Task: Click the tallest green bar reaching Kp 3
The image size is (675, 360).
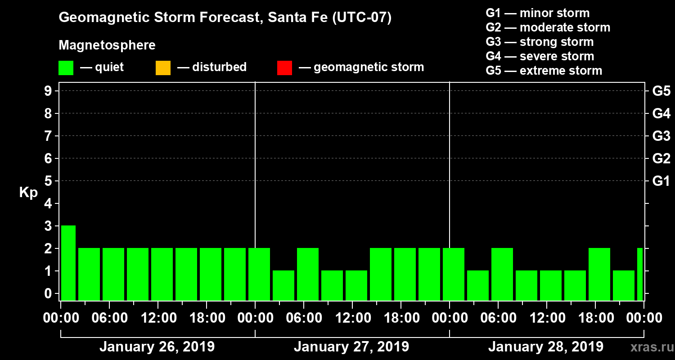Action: click(x=68, y=262)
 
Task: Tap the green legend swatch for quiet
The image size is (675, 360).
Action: click(x=66, y=67)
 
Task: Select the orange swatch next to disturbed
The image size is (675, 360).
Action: click(x=163, y=67)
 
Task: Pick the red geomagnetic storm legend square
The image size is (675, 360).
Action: click(x=284, y=67)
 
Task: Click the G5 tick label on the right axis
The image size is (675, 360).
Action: click(x=661, y=91)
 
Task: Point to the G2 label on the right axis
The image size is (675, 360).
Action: click(x=661, y=158)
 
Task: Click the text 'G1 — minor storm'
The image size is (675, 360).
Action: click(x=537, y=13)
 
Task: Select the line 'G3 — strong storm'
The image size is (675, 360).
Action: click(x=540, y=42)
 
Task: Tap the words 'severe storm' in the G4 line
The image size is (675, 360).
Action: click(x=557, y=56)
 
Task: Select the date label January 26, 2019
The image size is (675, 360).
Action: click(x=157, y=347)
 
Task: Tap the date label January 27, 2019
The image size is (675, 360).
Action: click(x=351, y=347)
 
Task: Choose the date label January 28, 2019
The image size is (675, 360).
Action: click(x=545, y=347)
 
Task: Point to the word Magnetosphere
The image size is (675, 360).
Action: click(x=107, y=45)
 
